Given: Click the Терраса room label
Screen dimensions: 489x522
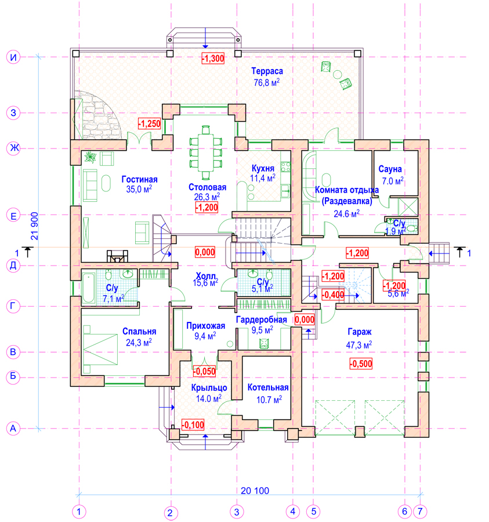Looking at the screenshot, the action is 267,71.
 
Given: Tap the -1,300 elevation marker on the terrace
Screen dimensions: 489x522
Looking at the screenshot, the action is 213,58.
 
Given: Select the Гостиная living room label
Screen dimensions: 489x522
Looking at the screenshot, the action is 139,179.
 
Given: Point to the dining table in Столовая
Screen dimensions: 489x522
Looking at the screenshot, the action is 206,152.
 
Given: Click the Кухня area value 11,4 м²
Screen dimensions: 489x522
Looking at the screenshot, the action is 263,179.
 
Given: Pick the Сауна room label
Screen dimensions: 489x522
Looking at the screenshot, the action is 390,169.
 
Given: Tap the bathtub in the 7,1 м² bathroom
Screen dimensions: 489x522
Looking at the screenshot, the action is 89,288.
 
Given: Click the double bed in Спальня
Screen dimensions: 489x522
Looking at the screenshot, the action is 100,349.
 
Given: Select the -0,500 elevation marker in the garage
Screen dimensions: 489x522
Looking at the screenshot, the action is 361,363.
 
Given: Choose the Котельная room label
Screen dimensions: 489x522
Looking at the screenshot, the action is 268,387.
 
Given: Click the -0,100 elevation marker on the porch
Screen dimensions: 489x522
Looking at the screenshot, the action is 193,425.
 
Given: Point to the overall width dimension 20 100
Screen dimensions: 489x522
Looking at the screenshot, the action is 255,490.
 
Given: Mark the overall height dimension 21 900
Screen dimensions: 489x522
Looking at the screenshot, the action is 35,226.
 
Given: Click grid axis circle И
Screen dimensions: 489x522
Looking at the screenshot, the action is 13,57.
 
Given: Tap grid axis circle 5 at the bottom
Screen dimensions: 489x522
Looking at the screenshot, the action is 314,512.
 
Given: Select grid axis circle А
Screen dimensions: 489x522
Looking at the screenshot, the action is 13,429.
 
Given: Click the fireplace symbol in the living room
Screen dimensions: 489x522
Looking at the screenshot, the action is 117,256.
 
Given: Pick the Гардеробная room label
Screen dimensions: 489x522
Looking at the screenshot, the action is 261,320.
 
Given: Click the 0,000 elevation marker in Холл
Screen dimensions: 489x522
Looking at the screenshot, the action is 205,252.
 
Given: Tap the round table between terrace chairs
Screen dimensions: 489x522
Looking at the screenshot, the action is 337,74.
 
